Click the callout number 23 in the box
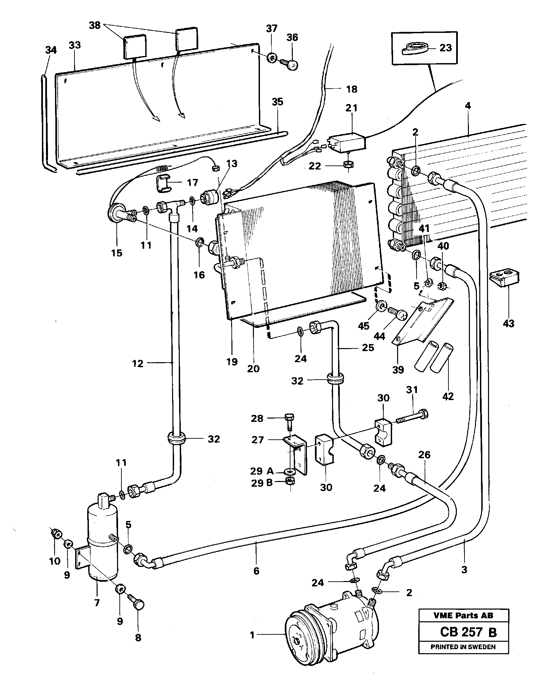tap(445, 48)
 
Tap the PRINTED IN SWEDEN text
tap(463, 647)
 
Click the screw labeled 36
tap(290, 64)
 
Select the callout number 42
tap(448, 396)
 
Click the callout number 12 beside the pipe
tap(138, 363)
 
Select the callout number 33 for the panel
tap(75, 45)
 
